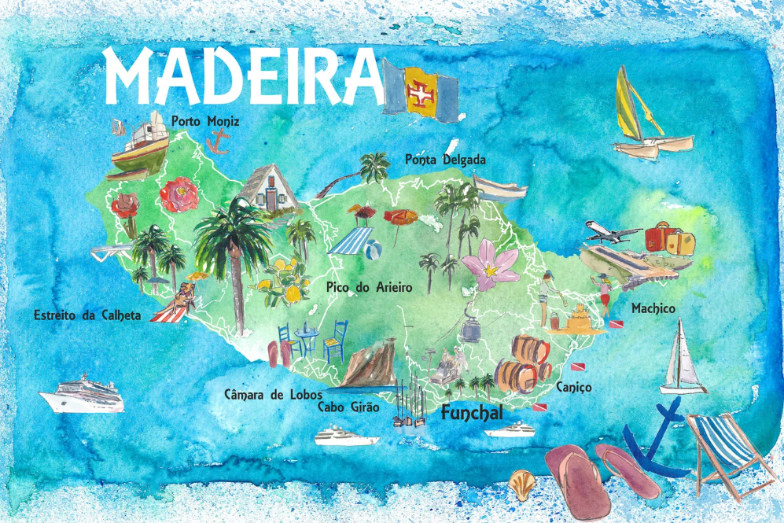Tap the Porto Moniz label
pyautogui.click(x=204, y=121)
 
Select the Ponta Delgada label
pyautogui.click(x=445, y=160)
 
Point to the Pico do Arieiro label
pyautogui.click(x=369, y=288)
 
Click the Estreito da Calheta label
pyautogui.click(x=87, y=315)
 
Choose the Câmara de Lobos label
pyautogui.click(x=275, y=394)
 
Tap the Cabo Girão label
pyautogui.click(x=348, y=407)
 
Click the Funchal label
pyautogui.click(x=471, y=411)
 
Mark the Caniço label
pyautogui.click(x=573, y=388)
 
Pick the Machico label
pyautogui.click(x=653, y=309)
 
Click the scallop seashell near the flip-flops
pyautogui.click(x=521, y=480)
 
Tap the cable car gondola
pyautogui.click(x=471, y=330)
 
